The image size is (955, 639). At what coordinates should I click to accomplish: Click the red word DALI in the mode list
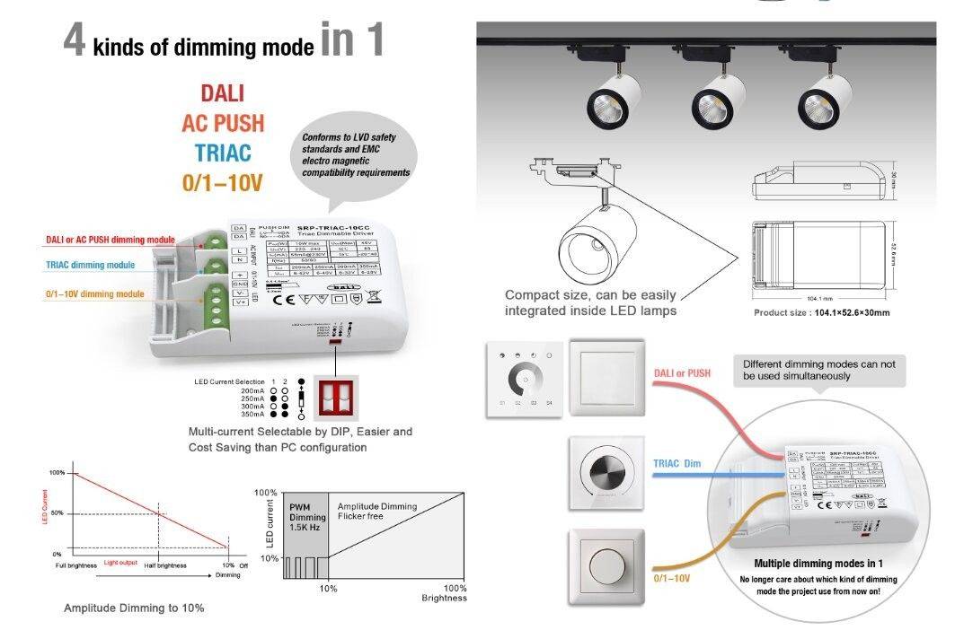pyautogui.click(x=222, y=93)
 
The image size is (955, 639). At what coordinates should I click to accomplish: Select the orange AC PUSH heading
pyautogui.click(x=222, y=123)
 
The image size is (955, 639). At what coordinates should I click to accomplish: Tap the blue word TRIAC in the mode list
pyautogui.click(x=222, y=153)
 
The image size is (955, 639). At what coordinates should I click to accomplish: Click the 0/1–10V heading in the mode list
pyautogui.click(x=222, y=183)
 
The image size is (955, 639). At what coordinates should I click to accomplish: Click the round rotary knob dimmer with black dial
pyautogui.click(x=606, y=470)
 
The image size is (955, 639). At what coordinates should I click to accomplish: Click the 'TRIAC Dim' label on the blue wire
pyautogui.click(x=676, y=464)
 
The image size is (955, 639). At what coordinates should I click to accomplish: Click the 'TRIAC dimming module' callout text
pyautogui.click(x=90, y=266)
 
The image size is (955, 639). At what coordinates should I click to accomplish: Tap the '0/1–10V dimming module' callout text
pyautogui.click(x=94, y=294)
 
